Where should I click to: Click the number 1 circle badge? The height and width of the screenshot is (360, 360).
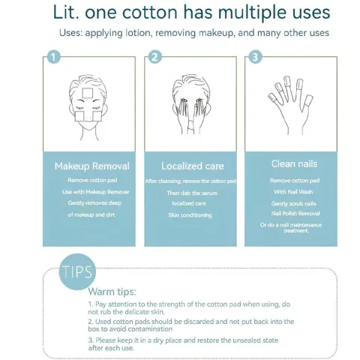tap(52, 57)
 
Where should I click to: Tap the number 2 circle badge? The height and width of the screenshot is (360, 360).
tap(154, 57)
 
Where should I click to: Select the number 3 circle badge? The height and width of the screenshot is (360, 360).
tap(256, 57)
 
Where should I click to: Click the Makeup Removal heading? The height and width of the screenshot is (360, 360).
tap(91, 166)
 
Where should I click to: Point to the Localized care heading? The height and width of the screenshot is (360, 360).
tap(192, 166)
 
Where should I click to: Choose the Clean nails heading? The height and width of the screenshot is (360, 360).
tap(293, 163)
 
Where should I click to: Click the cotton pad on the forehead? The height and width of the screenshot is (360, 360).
tap(89, 93)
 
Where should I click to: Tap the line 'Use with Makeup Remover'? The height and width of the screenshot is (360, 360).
tap(91, 192)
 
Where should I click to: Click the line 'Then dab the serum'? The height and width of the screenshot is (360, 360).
tap(193, 193)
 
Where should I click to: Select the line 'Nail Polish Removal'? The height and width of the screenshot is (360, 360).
tap(294, 214)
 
